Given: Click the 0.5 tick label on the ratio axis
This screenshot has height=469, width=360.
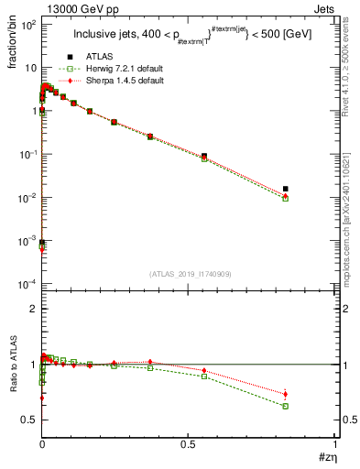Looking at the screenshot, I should (27, 420).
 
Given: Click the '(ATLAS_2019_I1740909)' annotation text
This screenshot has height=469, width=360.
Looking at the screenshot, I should (188, 274).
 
